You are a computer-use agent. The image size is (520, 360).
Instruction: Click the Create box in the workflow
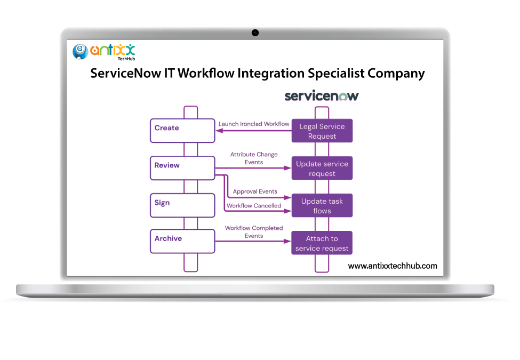pyautogui.click(x=182, y=131)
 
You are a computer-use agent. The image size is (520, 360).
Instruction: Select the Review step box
pyautogui.click(x=182, y=168)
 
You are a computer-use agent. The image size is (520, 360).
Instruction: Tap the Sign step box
pyautogui.click(x=182, y=205)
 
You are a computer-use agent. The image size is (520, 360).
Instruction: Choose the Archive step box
pyautogui.click(x=182, y=241)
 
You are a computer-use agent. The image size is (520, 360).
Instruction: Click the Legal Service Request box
pyautogui.click(x=322, y=131)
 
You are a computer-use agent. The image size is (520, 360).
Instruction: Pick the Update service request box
pyautogui.click(x=322, y=169)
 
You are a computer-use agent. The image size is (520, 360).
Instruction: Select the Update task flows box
pyautogui.click(x=322, y=206)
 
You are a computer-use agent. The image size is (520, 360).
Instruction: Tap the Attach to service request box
pyautogui.click(x=322, y=243)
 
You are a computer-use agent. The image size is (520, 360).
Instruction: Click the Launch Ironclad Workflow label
pyautogui.click(x=254, y=124)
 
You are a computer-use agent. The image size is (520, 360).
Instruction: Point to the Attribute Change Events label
pyautogui.click(x=254, y=158)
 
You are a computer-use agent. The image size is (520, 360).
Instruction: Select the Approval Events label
pyautogui.click(x=255, y=191)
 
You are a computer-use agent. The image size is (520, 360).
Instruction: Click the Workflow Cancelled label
pyautogui.click(x=254, y=206)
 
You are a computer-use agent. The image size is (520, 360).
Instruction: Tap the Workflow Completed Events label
pyautogui.click(x=254, y=232)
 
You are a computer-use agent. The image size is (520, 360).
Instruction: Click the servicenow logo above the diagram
pyautogui.click(x=321, y=96)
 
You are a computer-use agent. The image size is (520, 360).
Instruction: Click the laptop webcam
pyautogui.click(x=255, y=33)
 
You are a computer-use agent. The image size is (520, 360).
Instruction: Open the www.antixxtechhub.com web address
pyautogui.click(x=392, y=266)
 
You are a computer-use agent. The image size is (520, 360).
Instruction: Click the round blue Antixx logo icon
pyautogui.click(x=80, y=51)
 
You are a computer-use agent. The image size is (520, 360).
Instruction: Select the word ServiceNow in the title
pyautogui.click(x=125, y=73)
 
